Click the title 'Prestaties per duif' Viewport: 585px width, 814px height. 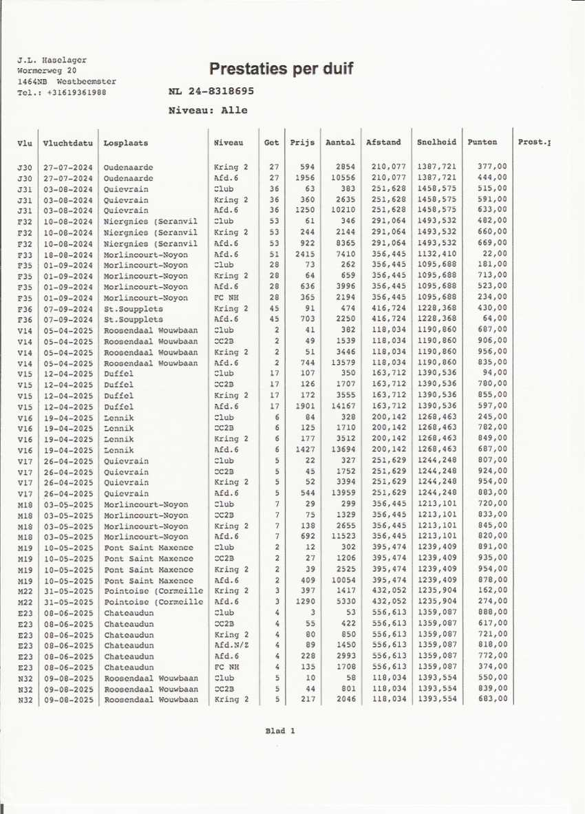[x=281, y=69]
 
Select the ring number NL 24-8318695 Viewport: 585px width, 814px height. [x=211, y=92]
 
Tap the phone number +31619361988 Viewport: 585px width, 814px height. [x=62, y=92]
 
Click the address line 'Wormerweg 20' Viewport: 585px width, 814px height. [x=47, y=71]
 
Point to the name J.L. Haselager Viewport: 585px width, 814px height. [x=52, y=61]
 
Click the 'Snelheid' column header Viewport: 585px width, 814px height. [x=436, y=142]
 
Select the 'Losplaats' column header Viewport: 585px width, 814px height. [x=125, y=143]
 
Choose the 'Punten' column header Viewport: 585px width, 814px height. [x=482, y=142]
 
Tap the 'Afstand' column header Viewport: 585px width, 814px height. [x=383, y=142]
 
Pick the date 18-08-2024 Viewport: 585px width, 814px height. [x=67, y=254]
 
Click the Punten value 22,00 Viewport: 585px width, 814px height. [x=494, y=254]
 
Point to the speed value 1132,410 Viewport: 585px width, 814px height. [x=436, y=254]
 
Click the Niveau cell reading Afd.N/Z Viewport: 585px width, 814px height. [x=231, y=645]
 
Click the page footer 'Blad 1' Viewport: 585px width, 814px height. [x=279, y=731]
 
